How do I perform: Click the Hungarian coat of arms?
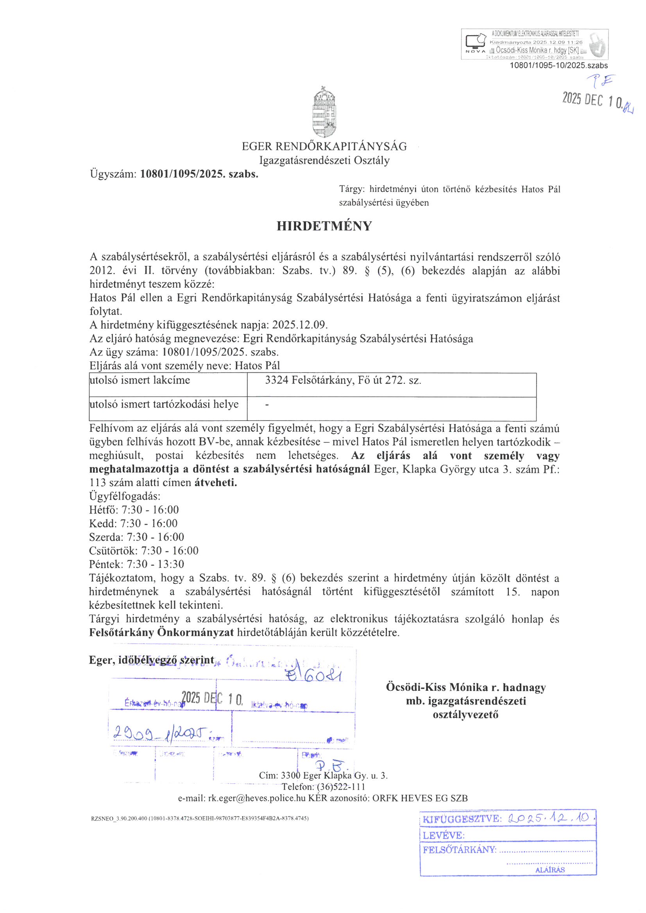(x=324, y=111)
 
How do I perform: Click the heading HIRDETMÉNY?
(x=324, y=226)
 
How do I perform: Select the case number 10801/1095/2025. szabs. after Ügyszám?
(x=199, y=174)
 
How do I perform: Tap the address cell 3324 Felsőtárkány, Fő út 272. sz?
(x=343, y=381)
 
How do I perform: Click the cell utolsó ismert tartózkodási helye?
(x=164, y=404)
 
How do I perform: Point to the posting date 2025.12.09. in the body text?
(x=300, y=325)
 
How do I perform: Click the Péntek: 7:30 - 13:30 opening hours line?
(x=136, y=564)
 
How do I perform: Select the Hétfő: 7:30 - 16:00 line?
(x=134, y=510)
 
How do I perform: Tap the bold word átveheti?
(x=216, y=483)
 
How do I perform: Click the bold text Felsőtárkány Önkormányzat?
(x=161, y=632)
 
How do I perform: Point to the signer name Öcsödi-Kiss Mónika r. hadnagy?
(x=465, y=687)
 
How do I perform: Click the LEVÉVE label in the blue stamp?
(x=444, y=835)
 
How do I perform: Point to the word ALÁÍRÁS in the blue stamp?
(x=550, y=870)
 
